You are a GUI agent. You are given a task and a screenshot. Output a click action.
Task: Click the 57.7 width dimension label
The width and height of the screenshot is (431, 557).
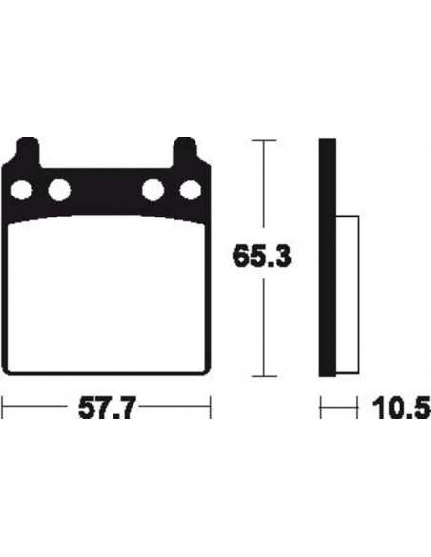point(107,408)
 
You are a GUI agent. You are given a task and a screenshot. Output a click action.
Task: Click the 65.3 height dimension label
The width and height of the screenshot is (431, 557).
point(261,257)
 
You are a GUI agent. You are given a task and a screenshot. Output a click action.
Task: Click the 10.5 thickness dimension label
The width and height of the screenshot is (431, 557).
point(401,408)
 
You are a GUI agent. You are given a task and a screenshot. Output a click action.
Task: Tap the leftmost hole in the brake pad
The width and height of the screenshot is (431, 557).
point(22,190)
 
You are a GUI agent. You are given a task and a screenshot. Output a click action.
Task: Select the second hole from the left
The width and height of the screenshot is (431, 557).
point(59,190)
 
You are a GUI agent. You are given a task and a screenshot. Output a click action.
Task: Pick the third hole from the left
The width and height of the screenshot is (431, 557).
point(153,190)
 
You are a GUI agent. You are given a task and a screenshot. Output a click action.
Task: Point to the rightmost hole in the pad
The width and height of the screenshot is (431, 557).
point(191,190)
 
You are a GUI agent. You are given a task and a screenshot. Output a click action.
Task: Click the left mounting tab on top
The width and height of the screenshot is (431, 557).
point(28,152)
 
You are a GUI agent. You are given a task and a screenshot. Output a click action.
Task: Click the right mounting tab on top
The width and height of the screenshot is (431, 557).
point(185,152)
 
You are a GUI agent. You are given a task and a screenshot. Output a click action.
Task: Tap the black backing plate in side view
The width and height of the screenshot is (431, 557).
point(327,258)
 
